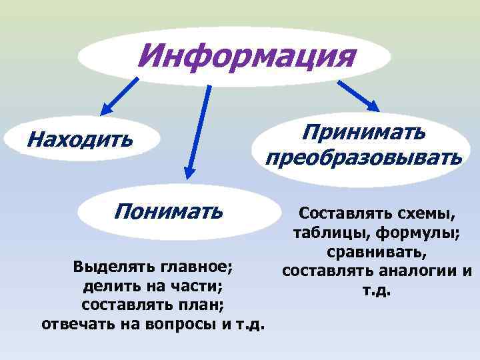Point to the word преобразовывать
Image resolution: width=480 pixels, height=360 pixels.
click(363, 158)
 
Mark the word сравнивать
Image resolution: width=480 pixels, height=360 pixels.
click(377, 253)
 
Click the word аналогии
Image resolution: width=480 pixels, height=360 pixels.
click(418, 272)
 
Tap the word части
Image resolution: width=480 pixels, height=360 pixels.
click(195, 287)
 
